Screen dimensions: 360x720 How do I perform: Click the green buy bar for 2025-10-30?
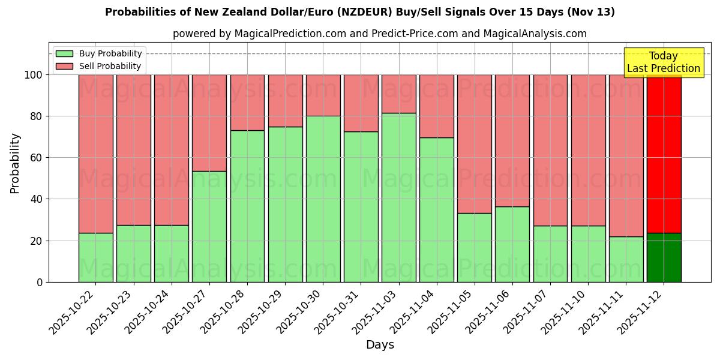323,199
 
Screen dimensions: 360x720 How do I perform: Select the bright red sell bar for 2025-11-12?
664,154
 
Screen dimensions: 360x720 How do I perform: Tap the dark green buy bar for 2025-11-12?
664,257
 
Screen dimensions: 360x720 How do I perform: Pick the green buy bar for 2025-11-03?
398,197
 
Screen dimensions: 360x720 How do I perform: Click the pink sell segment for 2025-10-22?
95,154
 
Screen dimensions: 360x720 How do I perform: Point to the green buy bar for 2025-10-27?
209,226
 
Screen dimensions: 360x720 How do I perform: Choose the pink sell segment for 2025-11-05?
474,144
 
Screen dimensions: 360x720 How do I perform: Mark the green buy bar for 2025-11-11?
626,259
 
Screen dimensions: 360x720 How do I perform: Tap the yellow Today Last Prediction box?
664,62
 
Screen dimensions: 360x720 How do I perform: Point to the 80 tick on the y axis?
37,116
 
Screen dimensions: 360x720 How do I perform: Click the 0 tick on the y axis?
40,282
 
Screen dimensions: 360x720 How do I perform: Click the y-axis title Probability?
15,163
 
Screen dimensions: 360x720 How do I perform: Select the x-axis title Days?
380,345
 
